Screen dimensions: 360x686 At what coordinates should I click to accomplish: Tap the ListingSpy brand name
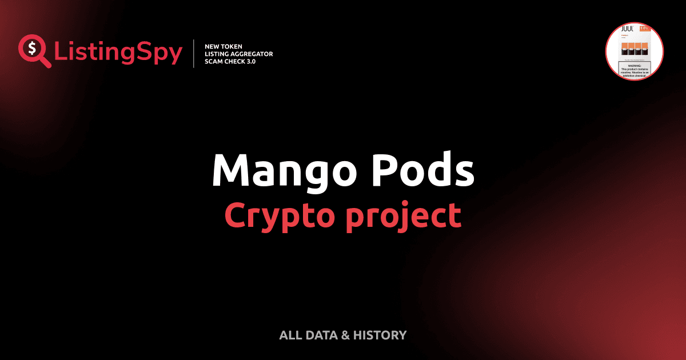(118, 53)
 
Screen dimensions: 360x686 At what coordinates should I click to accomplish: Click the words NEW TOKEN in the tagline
(224, 46)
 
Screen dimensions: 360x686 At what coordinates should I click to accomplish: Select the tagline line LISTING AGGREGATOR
(238, 54)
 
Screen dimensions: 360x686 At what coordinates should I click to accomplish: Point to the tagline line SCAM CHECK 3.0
(230, 61)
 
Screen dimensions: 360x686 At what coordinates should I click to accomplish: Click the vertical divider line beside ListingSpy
(194, 54)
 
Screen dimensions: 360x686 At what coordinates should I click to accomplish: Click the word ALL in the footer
(290, 335)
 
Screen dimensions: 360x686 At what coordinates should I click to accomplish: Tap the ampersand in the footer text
(345, 335)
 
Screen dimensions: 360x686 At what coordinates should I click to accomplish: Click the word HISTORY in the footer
(380, 335)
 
